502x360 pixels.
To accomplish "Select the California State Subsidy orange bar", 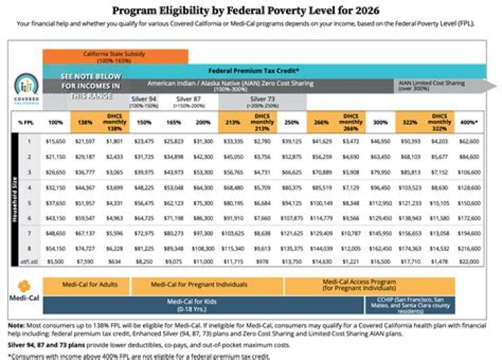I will click(115, 55).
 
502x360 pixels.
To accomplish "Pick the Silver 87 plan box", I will click(189, 102).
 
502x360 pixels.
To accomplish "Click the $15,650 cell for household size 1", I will click(54, 142).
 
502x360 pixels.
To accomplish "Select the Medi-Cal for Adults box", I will click(85, 285).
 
